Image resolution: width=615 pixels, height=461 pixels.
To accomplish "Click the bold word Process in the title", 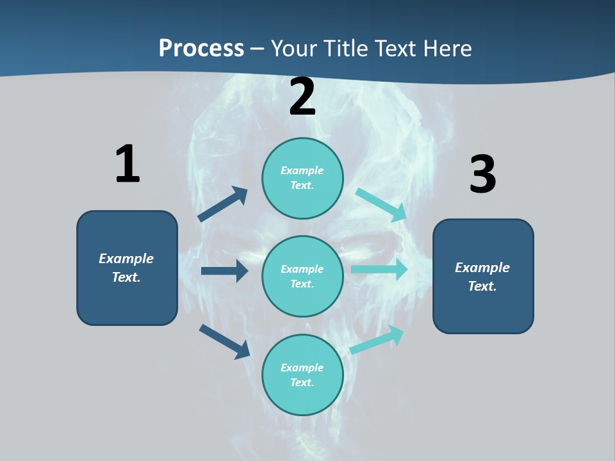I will coord(201,49).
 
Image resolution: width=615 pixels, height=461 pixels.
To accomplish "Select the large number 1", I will coord(127,164).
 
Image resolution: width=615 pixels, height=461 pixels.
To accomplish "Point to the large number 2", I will coord(302,97).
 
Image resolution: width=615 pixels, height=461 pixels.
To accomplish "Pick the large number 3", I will coord(482,175).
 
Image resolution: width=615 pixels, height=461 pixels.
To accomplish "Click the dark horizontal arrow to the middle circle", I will coord(224,271).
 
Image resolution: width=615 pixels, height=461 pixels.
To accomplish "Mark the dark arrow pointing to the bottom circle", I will coord(224,341).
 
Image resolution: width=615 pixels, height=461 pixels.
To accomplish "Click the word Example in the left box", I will coord(126,259).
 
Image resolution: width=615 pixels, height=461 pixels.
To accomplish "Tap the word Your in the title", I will coord(295,49).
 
